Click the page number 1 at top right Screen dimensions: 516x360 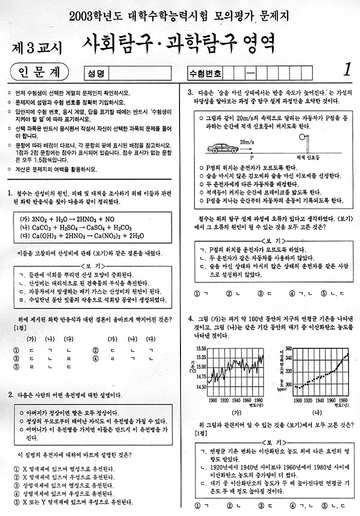click(347, 70)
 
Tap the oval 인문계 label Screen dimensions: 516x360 click(39, 72)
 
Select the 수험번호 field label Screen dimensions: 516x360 click(206, 74)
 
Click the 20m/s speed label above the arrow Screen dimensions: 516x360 click(247, 142)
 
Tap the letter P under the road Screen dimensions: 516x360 click(252, 157)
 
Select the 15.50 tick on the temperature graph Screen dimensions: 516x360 click(201, 348)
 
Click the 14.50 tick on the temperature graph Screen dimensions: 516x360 click(201, 386)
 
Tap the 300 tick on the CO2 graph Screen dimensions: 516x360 click(288, 384)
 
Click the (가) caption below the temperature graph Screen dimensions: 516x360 click(236, 412)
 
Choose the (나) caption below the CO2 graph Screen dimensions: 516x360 click(317, 412)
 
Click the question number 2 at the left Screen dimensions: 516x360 click(10, 394)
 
